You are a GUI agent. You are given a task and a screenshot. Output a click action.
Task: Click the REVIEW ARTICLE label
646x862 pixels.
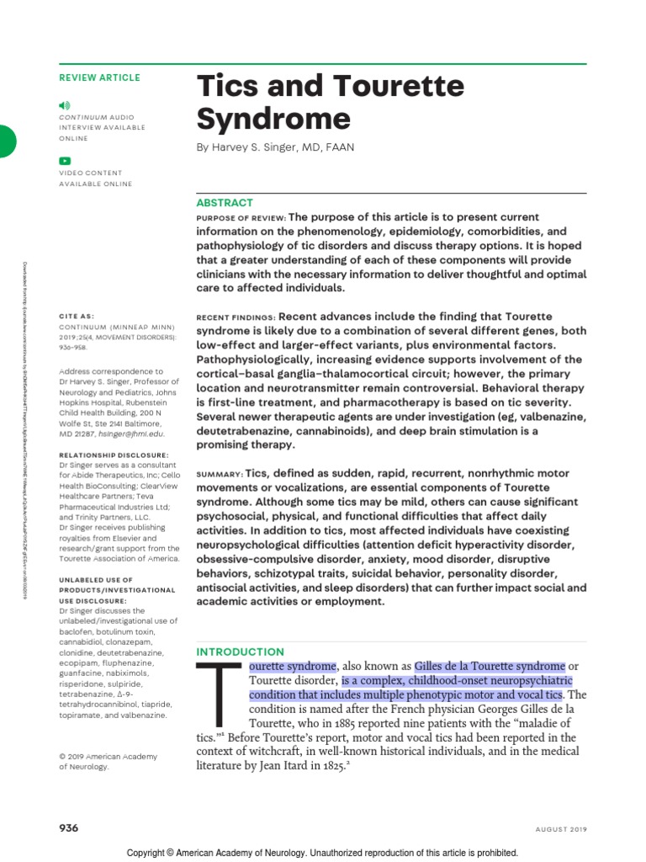pyautogui.click(x=99, y=77)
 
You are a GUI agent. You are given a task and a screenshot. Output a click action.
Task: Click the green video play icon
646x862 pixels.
pyautogui.click(x=65, y=161)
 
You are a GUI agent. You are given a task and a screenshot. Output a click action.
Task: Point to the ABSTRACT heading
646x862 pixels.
pyautogui.click(x=225, y=203)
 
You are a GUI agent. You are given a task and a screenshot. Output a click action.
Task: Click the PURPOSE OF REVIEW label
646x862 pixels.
pyautogui.click(x=240, y=216)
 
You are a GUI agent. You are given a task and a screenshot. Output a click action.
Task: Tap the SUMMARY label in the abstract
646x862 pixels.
pyautogui.click(x=220, y=474)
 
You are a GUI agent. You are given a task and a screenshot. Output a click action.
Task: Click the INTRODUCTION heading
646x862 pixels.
pyautogui.click(x=240, y=652)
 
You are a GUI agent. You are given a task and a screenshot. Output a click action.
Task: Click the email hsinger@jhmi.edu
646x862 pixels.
pyautogui.click(x=131, y=433)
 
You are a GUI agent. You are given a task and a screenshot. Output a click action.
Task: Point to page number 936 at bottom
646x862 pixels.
pyautogui.click(x=68, y=828)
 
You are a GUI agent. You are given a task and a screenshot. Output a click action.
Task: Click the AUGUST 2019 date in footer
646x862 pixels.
pyautogui.click(x=560, y=829)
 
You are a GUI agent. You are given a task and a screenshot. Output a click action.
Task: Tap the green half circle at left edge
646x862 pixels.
pyautogui.click(x=7, y=141)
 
